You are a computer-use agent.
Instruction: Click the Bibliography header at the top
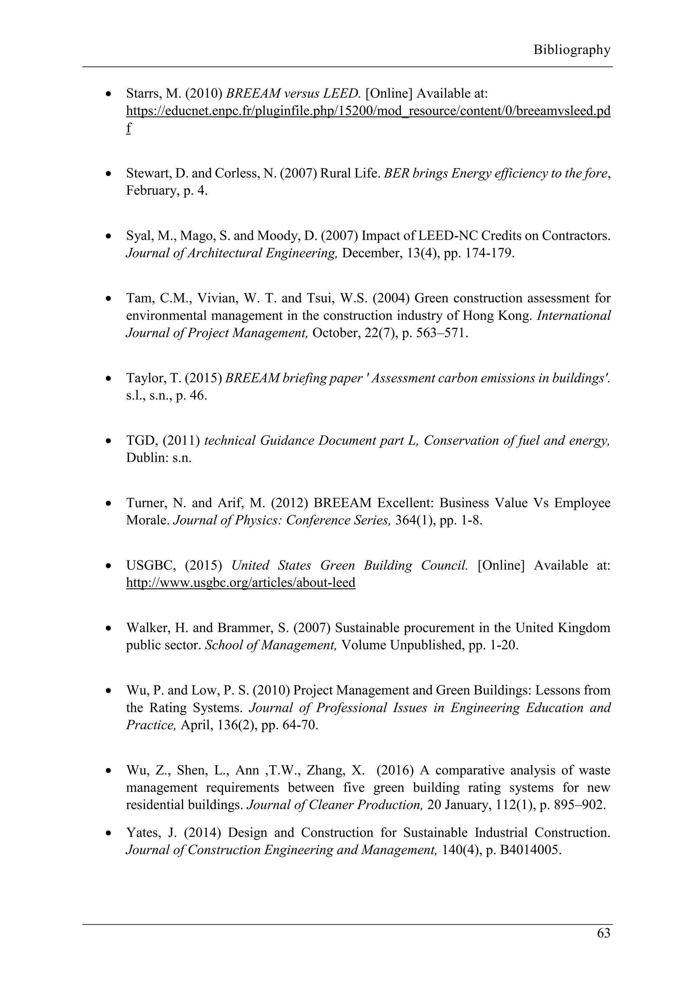[x=571, y=50]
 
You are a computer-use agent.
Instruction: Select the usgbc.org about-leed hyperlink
[x=241, y=583]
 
